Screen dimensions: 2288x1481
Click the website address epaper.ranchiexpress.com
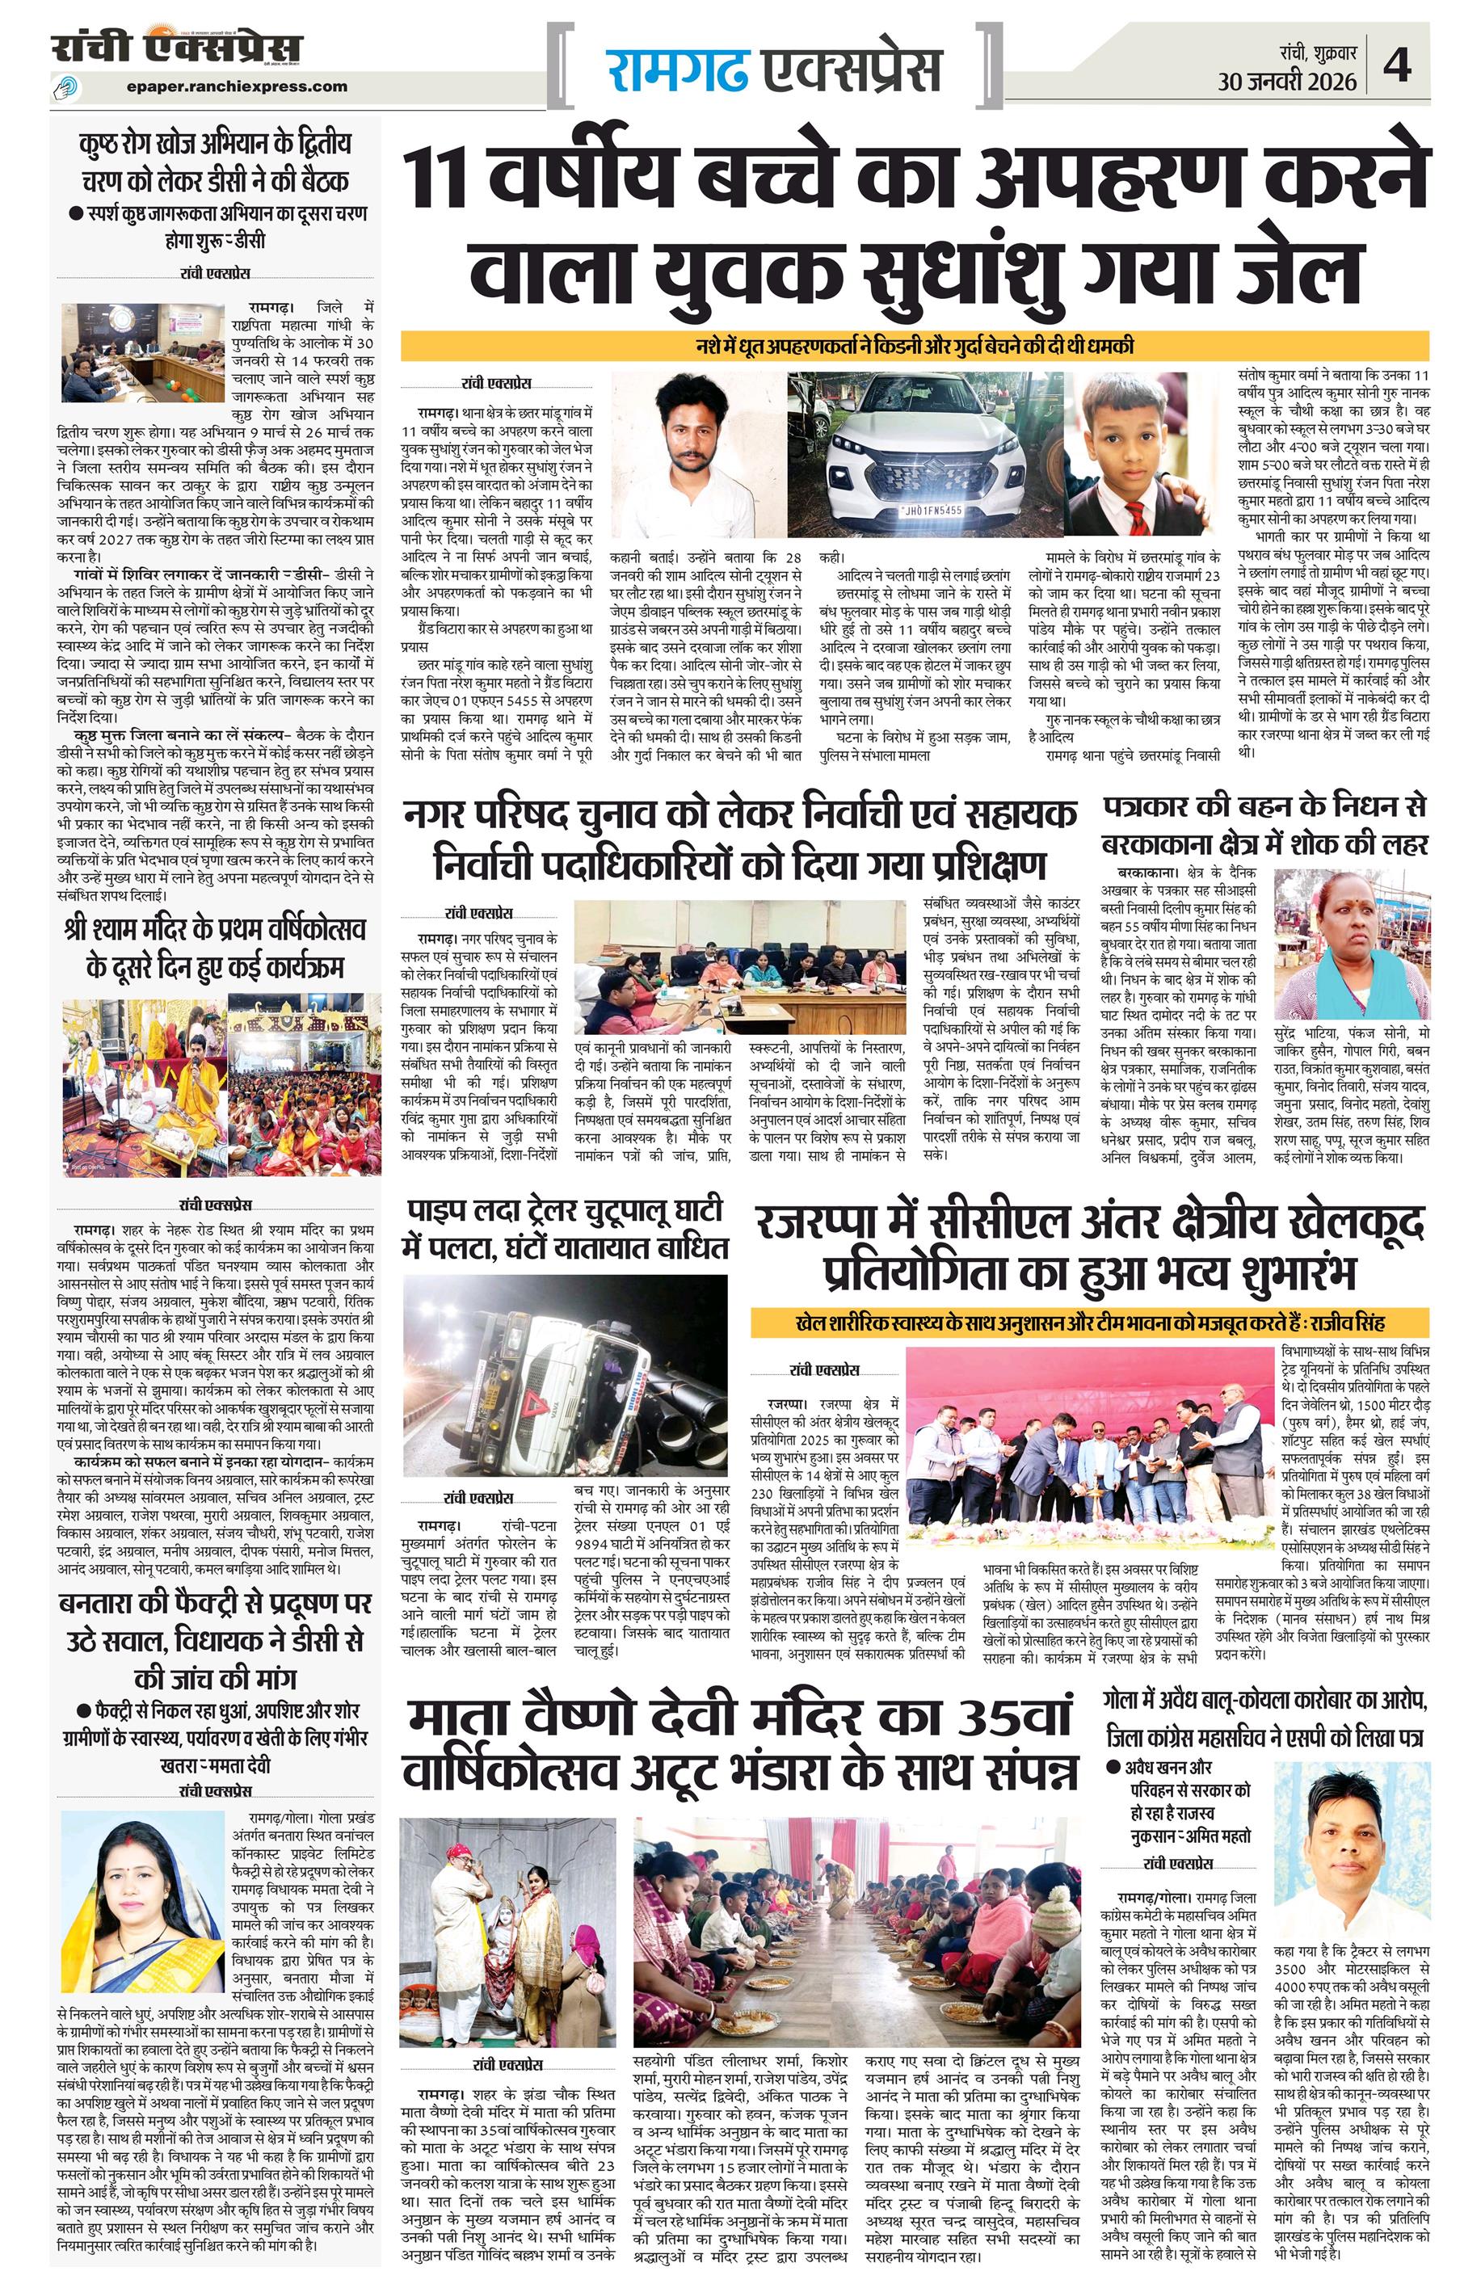click(x=237, y=86)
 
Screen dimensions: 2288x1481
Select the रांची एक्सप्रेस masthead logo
click(x=177, y=48)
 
